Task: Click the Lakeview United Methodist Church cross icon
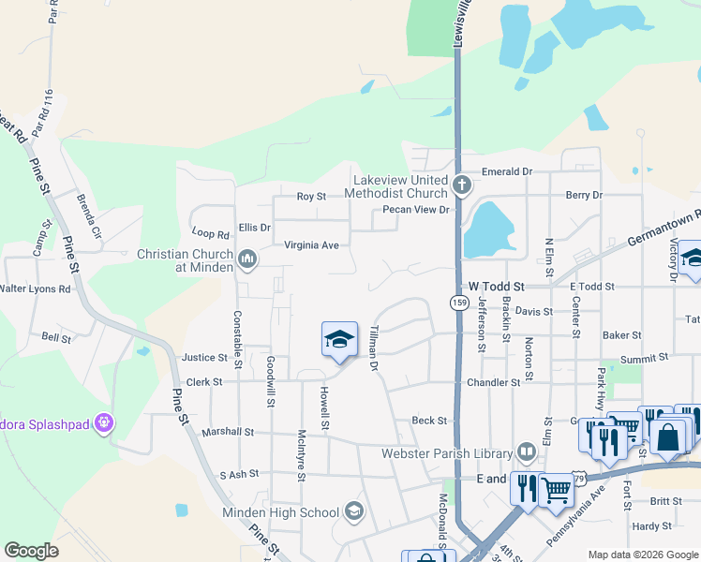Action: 460,184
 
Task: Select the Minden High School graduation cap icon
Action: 353,510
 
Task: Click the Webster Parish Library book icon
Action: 527,454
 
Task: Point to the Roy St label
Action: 311,197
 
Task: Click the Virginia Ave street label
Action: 312,245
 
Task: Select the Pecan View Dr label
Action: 416,210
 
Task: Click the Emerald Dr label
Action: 506,172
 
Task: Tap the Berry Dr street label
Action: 584,195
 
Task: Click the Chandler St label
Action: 493,383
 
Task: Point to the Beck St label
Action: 429,421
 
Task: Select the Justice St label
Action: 204,358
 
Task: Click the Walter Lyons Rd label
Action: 36,289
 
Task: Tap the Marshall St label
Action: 228,433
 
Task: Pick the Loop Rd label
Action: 210,233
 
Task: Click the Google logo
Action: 31,551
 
